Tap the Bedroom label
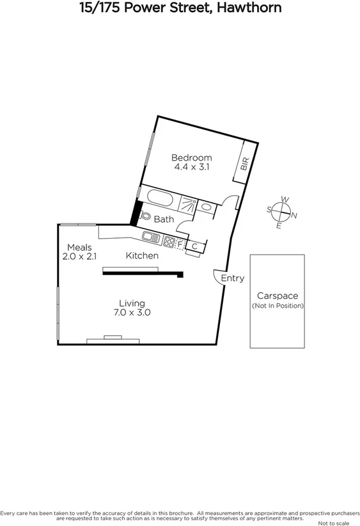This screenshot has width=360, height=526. pyautogui.click(x=192, y=157)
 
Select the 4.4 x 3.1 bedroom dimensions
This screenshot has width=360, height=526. pyautogui.click(x=192, y=167)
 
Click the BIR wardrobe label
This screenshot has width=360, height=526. pyautogui.click(x=244, y=164)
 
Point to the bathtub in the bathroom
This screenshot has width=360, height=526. pyautogui.click(x=159, y=199)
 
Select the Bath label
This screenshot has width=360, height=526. pyautogui.click(x=164, y=219)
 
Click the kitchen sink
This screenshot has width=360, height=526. pyautogui.click(x=152, y=238)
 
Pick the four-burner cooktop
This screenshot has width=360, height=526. pyautogui.click(x=169, y=242)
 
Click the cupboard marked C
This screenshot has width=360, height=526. pyautogui.click(x=194, y=246)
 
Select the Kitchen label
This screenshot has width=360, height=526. pyautogui.click(x=142, y=256)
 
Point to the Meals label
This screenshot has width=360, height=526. pyautogui.click(x=79, y=247)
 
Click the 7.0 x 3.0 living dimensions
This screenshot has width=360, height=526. pyautogui.click(x=132, y=313)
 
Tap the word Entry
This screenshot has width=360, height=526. pyautogui.click(x=232, y=278)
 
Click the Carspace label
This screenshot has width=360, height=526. pyautogui.click(x=277, y=296)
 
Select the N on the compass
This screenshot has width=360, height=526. pyautogui.click(x=293, y=215)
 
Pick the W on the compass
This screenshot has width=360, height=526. pyautogui.click(x=285, y=200)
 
